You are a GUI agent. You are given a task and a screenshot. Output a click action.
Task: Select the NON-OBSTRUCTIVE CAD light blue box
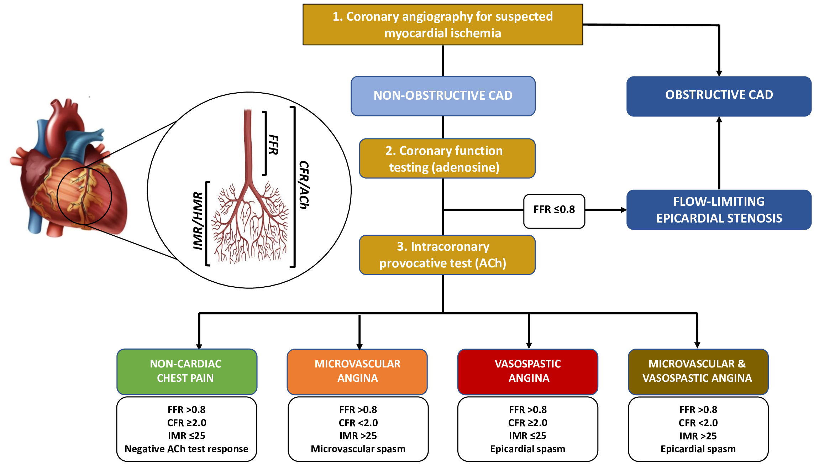pyautogui.click(x=443, y=96)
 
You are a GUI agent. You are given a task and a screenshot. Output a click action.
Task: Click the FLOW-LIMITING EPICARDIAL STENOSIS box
pyautogui.click(x=719, y=210)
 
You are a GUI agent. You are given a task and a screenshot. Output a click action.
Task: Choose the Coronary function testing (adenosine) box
pyautogui.click(x=447, y=158)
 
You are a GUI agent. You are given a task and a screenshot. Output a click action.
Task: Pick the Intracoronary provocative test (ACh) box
pyautogui.click(x=447, y=255)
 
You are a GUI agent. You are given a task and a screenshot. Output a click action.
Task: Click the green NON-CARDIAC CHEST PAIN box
pyautogui.click(x=187, y=371)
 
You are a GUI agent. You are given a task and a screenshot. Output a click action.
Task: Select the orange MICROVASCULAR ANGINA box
pyautogui.click(x=357, y=371)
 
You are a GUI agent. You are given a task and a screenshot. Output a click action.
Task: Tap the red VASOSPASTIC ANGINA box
pyautogui.click(x=527, y=371)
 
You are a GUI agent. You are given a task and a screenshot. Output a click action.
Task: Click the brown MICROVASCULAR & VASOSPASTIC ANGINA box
pyautogui.click(x=698, y=371)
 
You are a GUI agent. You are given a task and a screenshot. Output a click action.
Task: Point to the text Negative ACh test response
pyautogui.click(x=186, y=449)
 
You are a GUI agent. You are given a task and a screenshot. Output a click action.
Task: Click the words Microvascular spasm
pyautogui.click(x=358, y=449)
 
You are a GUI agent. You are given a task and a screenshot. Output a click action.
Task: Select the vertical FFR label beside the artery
pyautogui.click(x=273, y=145)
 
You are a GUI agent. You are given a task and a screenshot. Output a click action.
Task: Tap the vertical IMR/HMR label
pyautogui.click(x=198, y=221)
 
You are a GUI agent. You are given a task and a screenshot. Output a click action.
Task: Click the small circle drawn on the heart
pyautogui.click(x=84, y=196)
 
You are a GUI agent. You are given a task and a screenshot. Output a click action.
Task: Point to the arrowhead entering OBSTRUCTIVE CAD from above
pyautogui.click(x=719, y=73)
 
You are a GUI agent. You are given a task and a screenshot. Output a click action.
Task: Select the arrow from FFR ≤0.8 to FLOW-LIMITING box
pyautogui.click(x=605, y=210)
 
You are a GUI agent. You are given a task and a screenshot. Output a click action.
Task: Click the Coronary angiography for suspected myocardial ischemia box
pyautogui.click(x=442, y=25)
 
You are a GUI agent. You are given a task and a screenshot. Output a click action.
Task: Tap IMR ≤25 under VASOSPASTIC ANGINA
pyautogui.click(x=527, y=436)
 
